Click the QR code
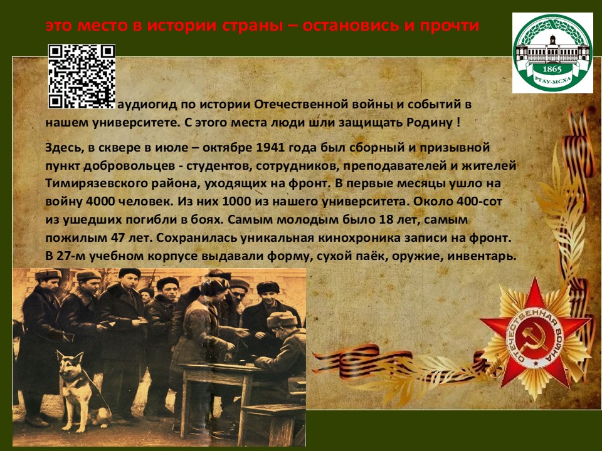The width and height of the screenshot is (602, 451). coord(82,76)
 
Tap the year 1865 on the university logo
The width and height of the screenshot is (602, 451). coord(552,70)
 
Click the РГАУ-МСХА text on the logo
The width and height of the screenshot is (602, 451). coord(552,81)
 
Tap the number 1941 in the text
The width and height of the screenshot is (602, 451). coord(270,147)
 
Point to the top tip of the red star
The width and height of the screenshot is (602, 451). coord(535,277)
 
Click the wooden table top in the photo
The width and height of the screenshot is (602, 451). coord(223,368)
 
